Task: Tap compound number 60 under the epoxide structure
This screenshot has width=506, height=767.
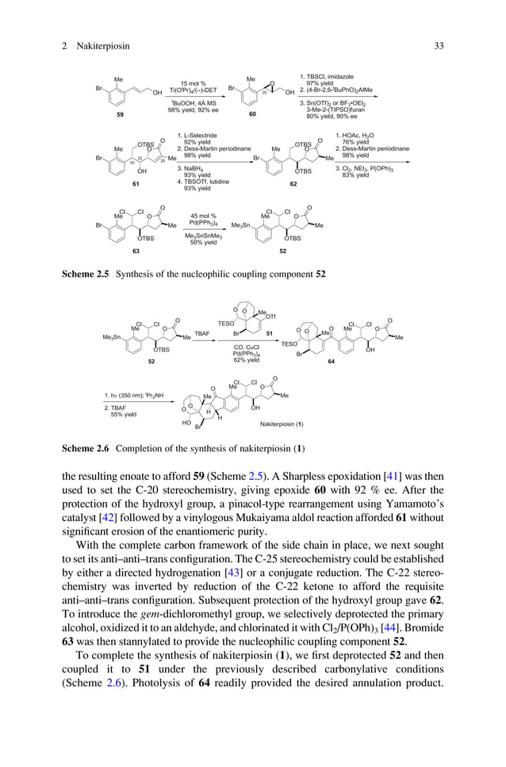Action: [252, 115]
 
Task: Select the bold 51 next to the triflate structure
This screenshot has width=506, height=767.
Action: [267, 334]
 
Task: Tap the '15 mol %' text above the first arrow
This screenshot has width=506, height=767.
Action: [193, 83]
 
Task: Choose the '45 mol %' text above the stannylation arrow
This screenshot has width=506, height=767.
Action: [204, 215]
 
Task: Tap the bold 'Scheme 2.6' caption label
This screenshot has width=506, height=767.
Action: [86, 449]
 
